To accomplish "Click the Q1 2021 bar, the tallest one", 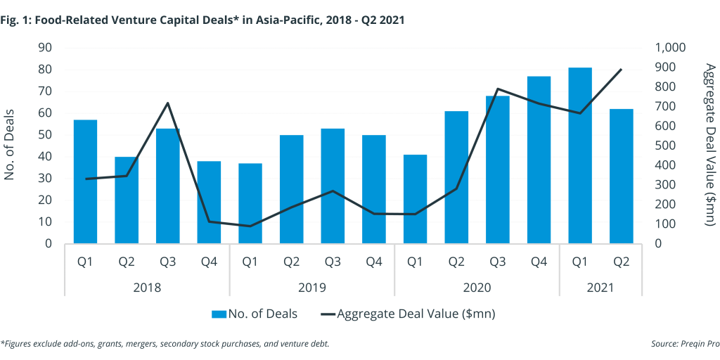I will [x=580, y=155].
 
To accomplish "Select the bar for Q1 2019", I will [x=250, y=203].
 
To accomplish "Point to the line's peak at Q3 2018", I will [x=168, y=103].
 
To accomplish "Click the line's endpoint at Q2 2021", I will [x=621, y=70].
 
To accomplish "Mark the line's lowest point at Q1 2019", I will [x=250, y=226].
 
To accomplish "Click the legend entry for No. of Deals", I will [x=255, y=314].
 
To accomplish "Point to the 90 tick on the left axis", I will [x=46, y=48].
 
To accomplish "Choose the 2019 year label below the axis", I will [x=312, y=288].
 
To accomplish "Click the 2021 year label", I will [x=600, y=288].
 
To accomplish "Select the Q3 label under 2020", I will [x=498, y=262].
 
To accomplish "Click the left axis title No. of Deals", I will [x=10, y=146].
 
